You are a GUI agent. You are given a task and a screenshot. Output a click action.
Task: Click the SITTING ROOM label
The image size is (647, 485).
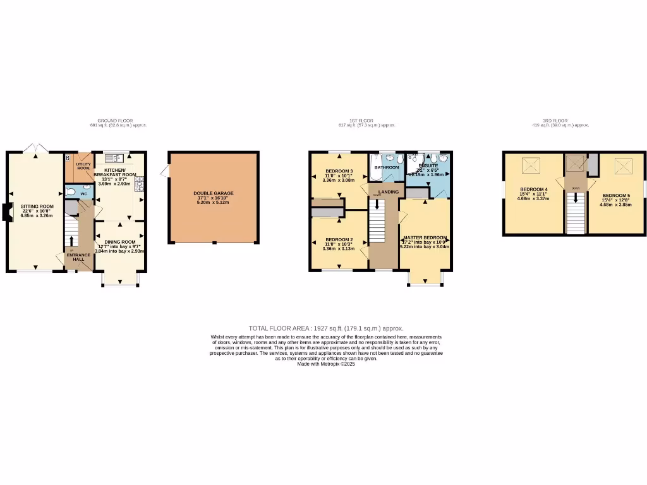coord(37,207)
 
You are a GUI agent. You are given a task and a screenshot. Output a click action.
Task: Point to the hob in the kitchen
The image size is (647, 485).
coord(140,183)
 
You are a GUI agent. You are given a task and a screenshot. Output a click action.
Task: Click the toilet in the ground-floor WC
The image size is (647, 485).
coord(71,193)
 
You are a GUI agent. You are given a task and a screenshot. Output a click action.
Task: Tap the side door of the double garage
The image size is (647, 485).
coord(166,171)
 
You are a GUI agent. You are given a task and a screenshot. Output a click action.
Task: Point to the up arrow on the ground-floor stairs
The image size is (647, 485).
coord(71,241)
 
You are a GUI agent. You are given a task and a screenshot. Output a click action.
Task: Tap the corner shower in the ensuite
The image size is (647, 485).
coord(414,161)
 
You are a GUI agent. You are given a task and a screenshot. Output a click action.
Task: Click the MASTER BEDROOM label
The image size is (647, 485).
coord(425,237)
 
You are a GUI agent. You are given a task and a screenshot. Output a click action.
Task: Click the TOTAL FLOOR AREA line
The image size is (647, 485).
coord(325,328)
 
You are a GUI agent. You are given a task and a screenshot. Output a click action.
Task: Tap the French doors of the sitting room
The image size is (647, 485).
coord(35,148)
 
